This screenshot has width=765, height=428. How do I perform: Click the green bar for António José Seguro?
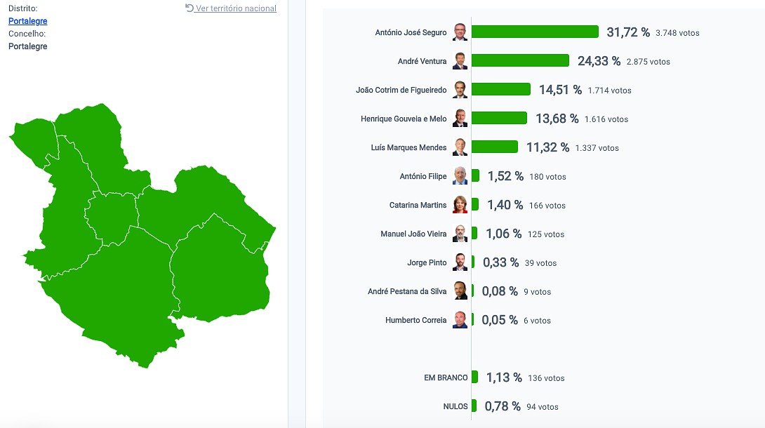[535, 32]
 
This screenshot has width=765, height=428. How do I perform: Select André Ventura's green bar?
[520, 60]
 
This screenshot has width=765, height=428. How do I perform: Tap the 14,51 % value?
[560, 90]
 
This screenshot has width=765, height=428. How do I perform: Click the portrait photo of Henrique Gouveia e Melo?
[460, 119]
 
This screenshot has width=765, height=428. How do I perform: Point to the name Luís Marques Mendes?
[408, 147]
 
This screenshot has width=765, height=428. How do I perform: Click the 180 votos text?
[547, 177]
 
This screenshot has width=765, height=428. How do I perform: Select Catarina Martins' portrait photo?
[460, 205]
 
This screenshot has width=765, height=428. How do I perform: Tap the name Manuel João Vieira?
[413, 234]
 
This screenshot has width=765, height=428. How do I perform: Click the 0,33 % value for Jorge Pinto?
[500, 262]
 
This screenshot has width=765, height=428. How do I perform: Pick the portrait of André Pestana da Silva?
[460, 291]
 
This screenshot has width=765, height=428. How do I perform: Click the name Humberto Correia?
[415, 320]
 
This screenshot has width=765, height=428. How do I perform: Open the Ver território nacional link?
[236, 8]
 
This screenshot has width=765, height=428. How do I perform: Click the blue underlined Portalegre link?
[27, 21]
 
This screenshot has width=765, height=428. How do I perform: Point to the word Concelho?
[27, 34]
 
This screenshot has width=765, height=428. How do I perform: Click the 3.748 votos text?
[677, 33]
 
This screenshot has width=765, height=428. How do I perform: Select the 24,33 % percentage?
[599, 61]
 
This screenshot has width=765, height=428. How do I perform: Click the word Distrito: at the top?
[22, 8]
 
